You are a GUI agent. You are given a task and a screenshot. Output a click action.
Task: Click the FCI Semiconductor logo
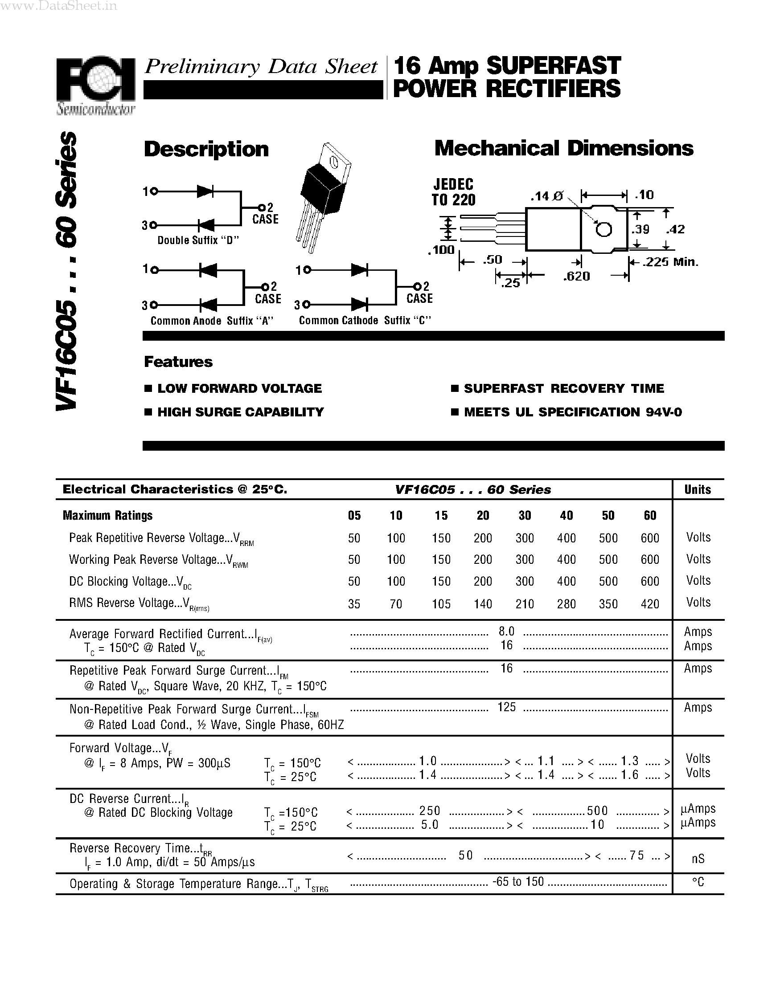pos(95,85)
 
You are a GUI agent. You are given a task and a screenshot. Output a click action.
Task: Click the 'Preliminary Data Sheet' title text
pos(260,67)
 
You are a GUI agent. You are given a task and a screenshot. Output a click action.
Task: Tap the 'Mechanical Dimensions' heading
pos(563,149)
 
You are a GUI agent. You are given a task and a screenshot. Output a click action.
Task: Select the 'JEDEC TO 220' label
pos(453,192)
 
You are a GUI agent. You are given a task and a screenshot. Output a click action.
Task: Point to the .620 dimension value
pos(576,276)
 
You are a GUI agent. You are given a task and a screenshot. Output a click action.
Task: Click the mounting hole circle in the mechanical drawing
pos(603,229)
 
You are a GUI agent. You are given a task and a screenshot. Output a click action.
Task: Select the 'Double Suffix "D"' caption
pos(198,240)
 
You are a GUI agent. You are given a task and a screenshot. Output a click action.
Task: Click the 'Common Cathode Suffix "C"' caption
pos(365,321)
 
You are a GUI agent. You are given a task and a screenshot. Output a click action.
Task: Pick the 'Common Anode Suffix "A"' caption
pos(212,321)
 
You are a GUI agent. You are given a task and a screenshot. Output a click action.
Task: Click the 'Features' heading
pos(178,362)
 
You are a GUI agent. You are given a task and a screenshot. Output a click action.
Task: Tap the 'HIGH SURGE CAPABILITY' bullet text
pos(240,412)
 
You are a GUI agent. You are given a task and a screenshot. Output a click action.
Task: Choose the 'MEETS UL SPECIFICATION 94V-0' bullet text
pos(572,412)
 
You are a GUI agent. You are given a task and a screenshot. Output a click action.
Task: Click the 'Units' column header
pos(698,489)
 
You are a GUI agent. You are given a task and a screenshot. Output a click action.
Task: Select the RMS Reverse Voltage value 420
pos(649,604)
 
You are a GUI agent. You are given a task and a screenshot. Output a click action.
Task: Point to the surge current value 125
pos(506,707)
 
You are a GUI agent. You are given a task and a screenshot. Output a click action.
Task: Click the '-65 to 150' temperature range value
pos(518,882)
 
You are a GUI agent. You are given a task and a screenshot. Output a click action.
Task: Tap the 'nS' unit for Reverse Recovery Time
pos(698,859)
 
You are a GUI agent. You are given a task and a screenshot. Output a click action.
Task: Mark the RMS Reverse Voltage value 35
pos(354,604)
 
